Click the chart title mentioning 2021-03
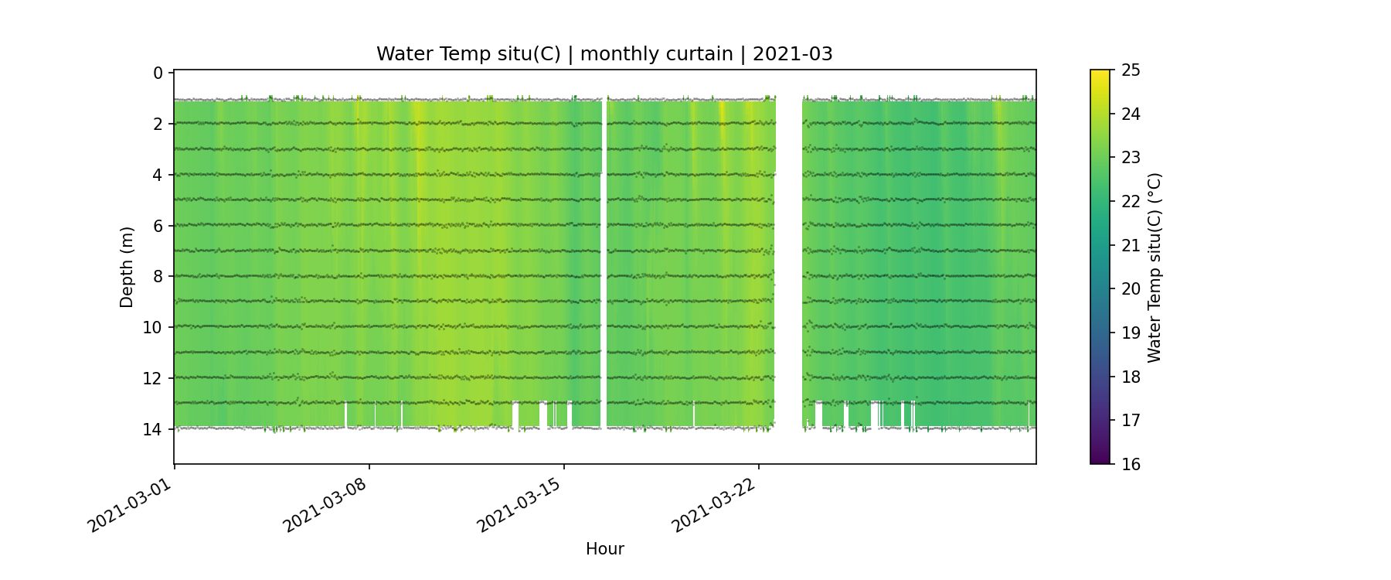tap(604, 54)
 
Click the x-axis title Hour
tap(604, 549)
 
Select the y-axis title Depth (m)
tap(127, 267)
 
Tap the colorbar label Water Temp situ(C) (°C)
tap(1155, 267)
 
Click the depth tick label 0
tap(158, 73)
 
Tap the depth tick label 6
tap(158, 226)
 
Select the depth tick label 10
tap(153, 327)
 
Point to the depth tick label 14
tap(153, 429)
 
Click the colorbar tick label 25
tap(1131, 70)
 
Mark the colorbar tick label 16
tap(1131, 464)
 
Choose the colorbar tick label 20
tap(1131, 289)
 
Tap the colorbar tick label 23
tap(1131, 158)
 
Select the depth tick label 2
tap(158, 125)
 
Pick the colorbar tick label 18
tap(1131, 377)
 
